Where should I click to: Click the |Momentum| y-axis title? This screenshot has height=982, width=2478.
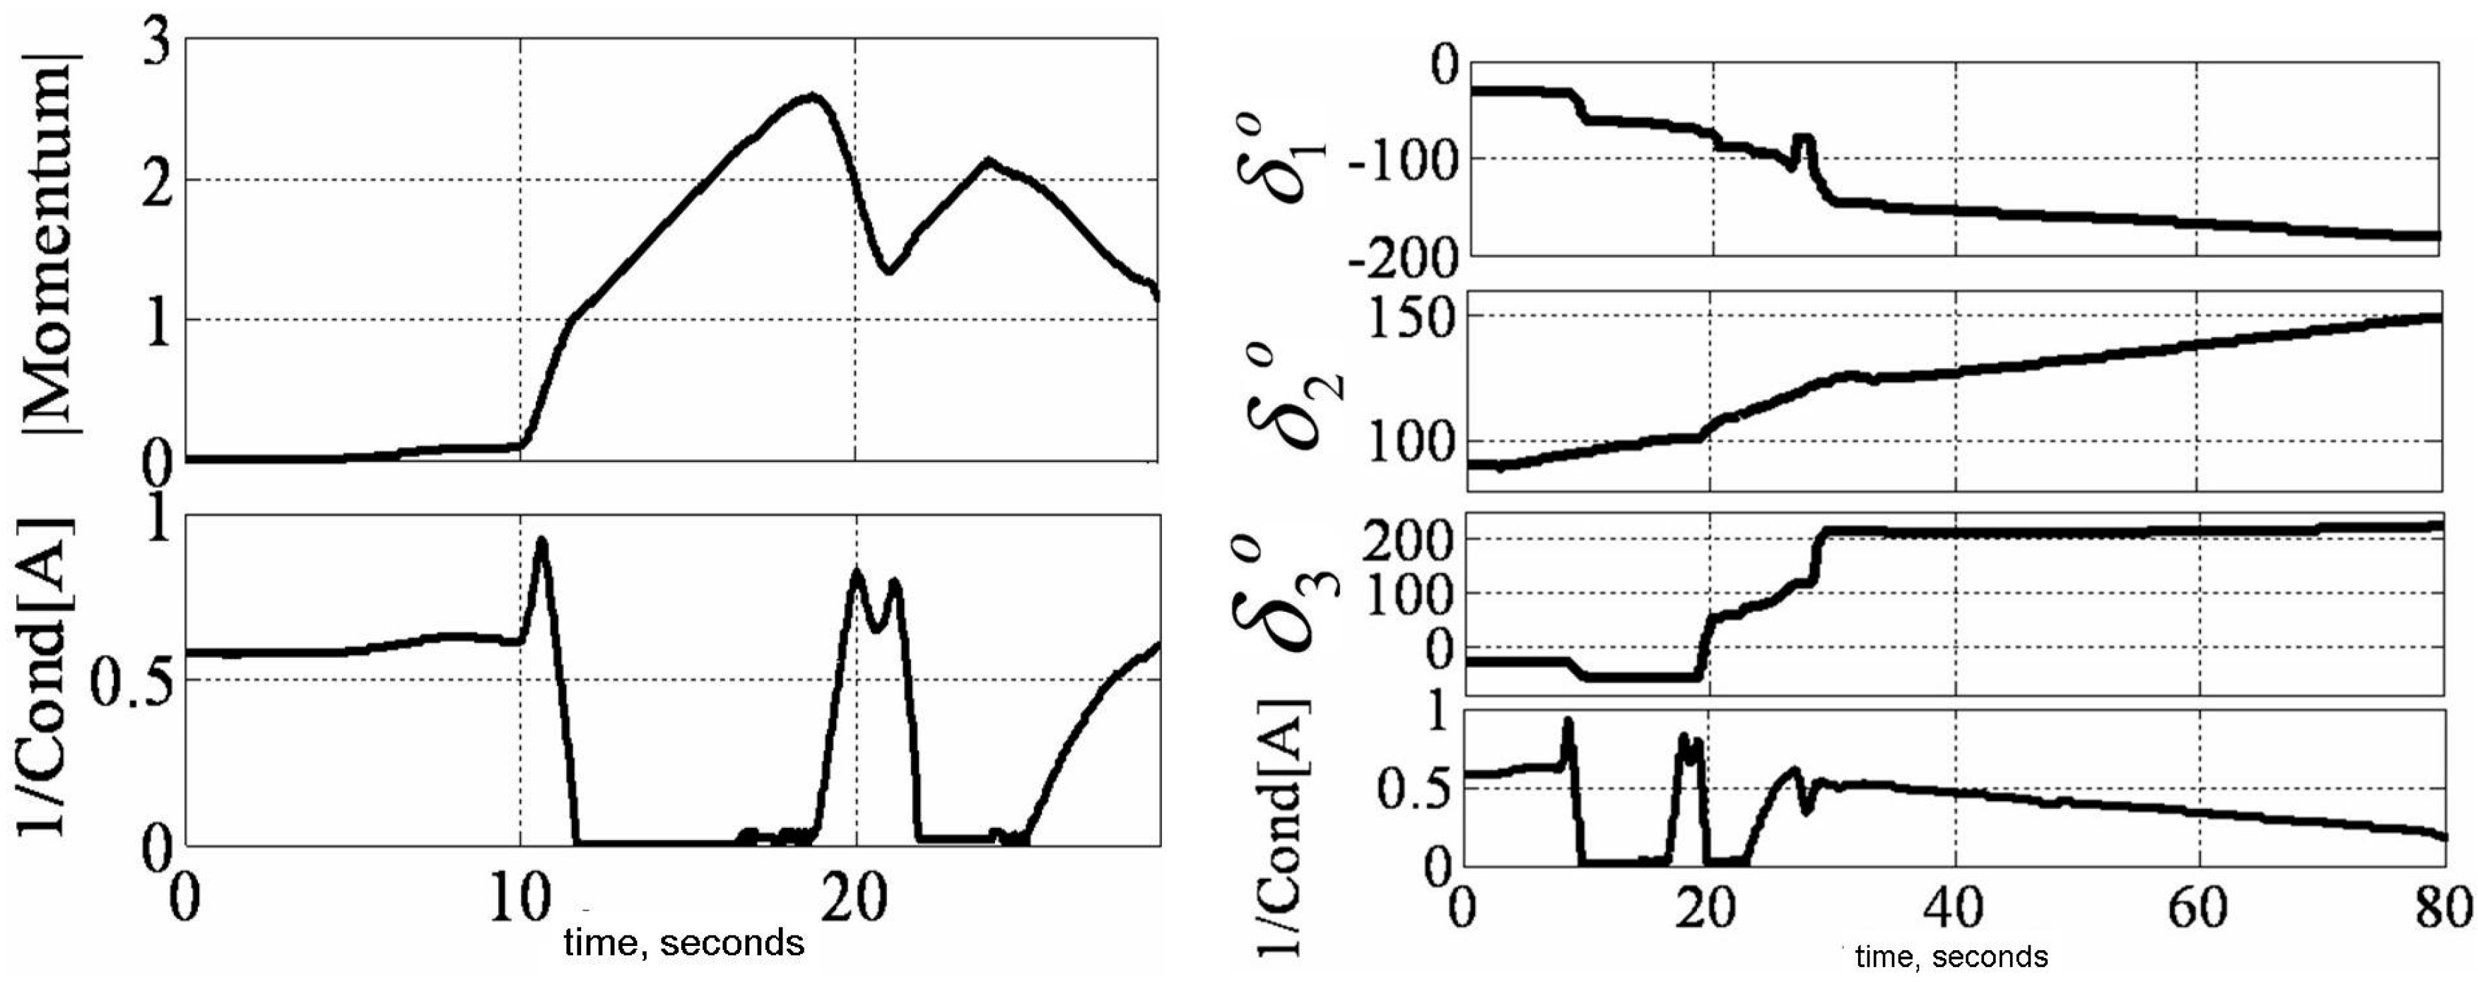tap(50, 245)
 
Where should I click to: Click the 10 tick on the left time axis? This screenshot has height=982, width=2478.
tap(519, 899)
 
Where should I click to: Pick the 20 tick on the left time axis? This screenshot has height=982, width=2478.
tap(855, 899)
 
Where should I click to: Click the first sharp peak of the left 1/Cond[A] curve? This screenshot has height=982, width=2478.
tap(541, 540)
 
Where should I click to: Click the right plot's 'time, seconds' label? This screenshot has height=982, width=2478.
tap(1951, 958)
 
